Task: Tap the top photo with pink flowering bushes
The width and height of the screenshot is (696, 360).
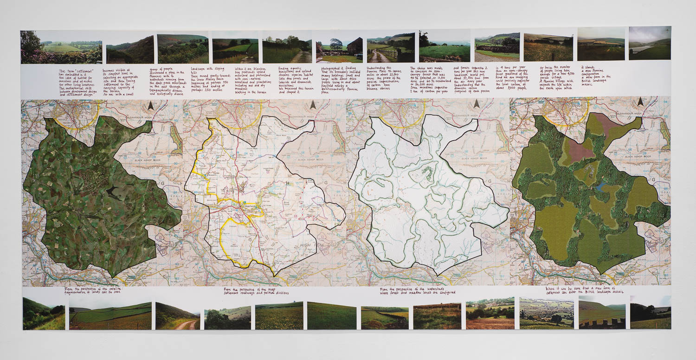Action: pyautogui.click(x=61, y=47)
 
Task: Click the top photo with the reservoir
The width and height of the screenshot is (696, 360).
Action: pyautogui.click(x=650, y=43)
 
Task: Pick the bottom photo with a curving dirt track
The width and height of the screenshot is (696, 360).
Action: pyautogui.click(x=177, y=316)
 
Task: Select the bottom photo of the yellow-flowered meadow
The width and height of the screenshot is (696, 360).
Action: pyautogui.click(x=279, y=316)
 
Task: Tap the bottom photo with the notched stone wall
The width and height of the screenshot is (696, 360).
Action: pyautogui.click(x=602, y=315)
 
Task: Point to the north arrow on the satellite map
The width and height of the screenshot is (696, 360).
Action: pyautogui.click(x=150, y=107)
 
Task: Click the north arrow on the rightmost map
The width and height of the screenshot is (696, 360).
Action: pyautogui.click(x=640, y=102)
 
